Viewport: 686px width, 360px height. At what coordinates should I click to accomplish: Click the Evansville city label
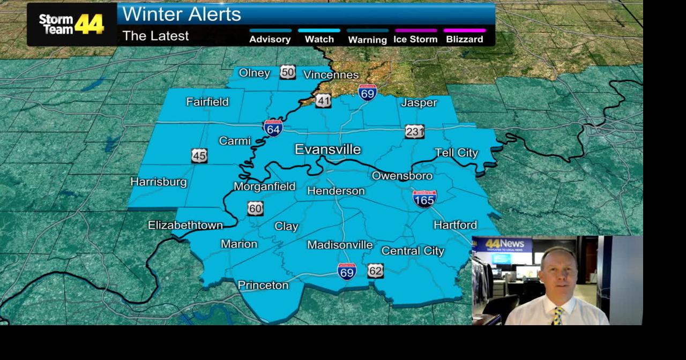327,149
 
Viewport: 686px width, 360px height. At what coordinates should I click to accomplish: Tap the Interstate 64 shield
273,128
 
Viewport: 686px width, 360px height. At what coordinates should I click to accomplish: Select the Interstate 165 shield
424,198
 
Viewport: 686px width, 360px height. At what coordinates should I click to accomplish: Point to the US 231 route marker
414,132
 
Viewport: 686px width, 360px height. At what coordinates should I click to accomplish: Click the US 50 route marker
287,72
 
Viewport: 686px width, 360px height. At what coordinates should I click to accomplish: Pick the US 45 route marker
199,156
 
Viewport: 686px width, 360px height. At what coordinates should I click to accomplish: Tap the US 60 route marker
255,208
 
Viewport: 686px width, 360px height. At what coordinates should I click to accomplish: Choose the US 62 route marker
375,271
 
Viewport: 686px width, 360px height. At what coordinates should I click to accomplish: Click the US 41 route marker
323,100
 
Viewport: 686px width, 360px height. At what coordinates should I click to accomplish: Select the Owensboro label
402,176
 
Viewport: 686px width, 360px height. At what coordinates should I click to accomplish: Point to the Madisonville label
340,245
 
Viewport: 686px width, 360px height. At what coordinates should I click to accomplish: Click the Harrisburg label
159,182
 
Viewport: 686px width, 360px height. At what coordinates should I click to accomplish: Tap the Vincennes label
331,74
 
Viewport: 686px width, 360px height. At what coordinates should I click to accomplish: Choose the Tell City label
456,153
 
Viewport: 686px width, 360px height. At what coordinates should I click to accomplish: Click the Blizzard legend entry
464,39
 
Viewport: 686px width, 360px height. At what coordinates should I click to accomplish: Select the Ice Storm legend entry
415,39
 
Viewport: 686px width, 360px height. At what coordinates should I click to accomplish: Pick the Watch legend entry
319,39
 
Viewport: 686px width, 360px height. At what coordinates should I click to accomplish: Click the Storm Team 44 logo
71,24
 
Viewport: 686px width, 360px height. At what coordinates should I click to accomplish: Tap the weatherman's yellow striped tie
558,316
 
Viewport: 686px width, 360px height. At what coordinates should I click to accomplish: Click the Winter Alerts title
182,14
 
